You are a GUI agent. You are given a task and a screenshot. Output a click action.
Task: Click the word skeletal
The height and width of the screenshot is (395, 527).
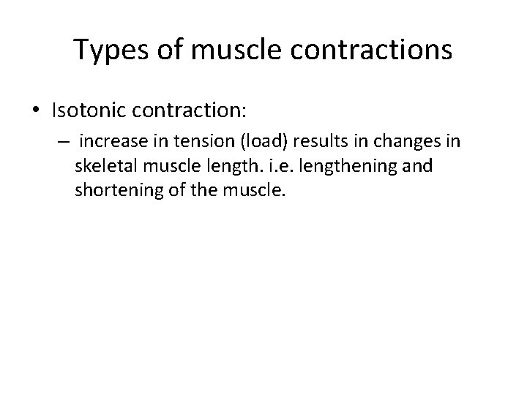tap(105, 167)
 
